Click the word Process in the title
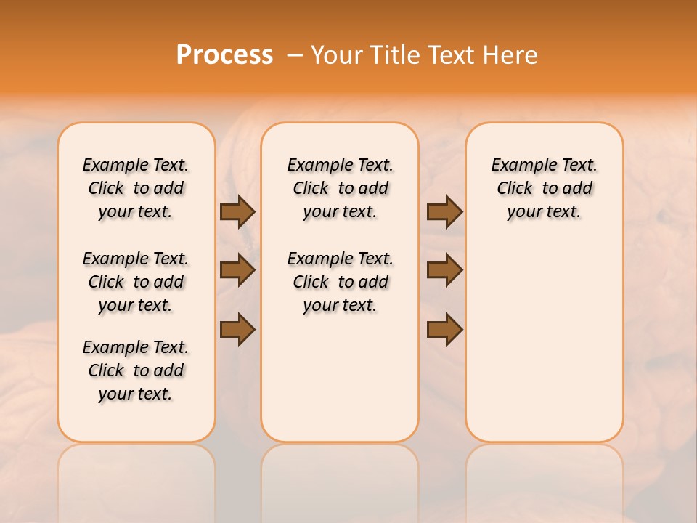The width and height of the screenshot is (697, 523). pyautogui.click(x=224, y=55)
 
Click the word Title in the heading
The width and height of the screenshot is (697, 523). pyautogui.click(x=396, y=55)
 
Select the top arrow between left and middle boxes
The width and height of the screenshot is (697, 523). pyautogui.click(x=237, y=211)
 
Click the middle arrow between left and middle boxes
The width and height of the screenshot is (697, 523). pyautogui.click(x=237, y=270)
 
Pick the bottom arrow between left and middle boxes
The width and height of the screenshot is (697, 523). pyautogui.click(x=237, y=329)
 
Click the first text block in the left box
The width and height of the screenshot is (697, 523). pyautogui.click(x=136, y=188)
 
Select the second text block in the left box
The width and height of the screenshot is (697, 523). pyautogui.click(x=136, y=282)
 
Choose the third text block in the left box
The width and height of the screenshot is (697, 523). pyautogui.click(x=136, y=370)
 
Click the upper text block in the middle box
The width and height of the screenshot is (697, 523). pyautogui.click(x=341, y=188)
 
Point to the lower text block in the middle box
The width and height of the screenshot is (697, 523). pyautogui.click(x=341, y=282)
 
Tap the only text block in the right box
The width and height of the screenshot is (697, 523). pyautogui.click(x=545, y=188)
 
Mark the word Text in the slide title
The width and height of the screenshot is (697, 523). pyautogui.click(x=453, y=55)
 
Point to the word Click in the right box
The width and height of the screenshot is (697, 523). pyautogui.click(x=515, y=189)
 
